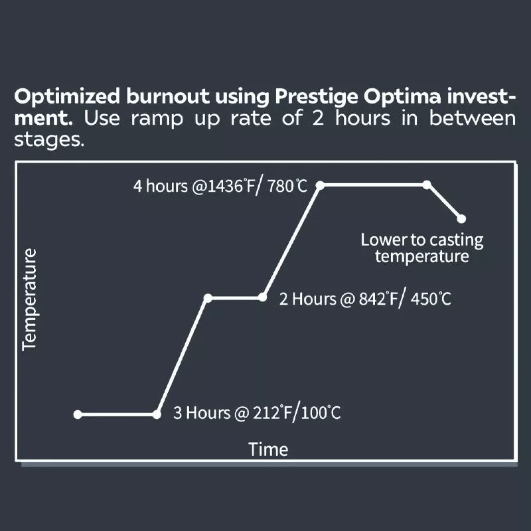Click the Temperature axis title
pos(29,300)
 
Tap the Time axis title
pos(268,449)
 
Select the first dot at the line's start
pos(78,414)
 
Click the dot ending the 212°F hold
pos(157,414)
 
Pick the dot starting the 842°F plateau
pos(208,298)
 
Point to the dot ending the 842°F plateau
pos(262,297)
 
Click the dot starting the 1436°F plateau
pos(320,185)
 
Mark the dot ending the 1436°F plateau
pos(427,185)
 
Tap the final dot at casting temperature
pos(461,219)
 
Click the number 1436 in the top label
pos(222,187)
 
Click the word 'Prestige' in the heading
pos(317,97)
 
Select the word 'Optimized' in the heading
pos(67,96)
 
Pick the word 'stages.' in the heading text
pos(49,140)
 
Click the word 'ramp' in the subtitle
pos(157,119)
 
